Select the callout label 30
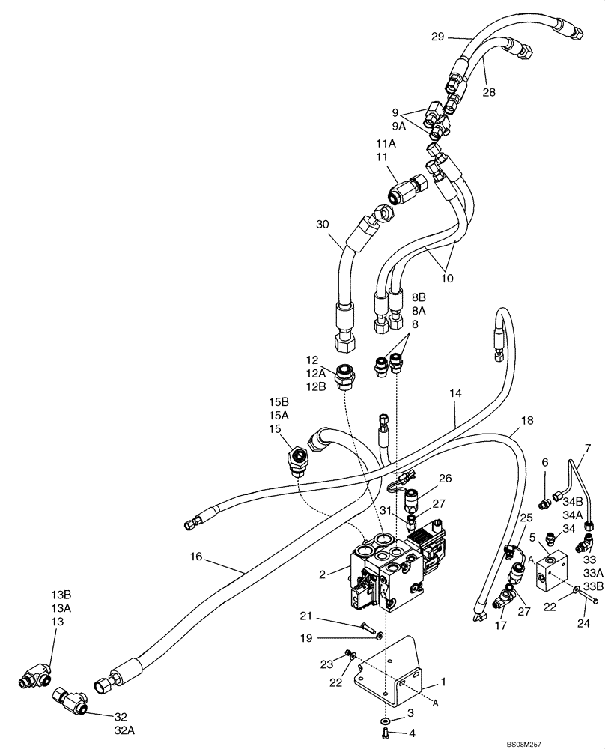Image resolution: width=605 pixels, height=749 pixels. tap(322, 225)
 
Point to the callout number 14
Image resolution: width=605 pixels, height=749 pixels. tap(456, 392)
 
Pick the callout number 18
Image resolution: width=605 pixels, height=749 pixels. tap(527, 422)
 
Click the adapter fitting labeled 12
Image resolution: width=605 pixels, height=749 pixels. tap(346, 374)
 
